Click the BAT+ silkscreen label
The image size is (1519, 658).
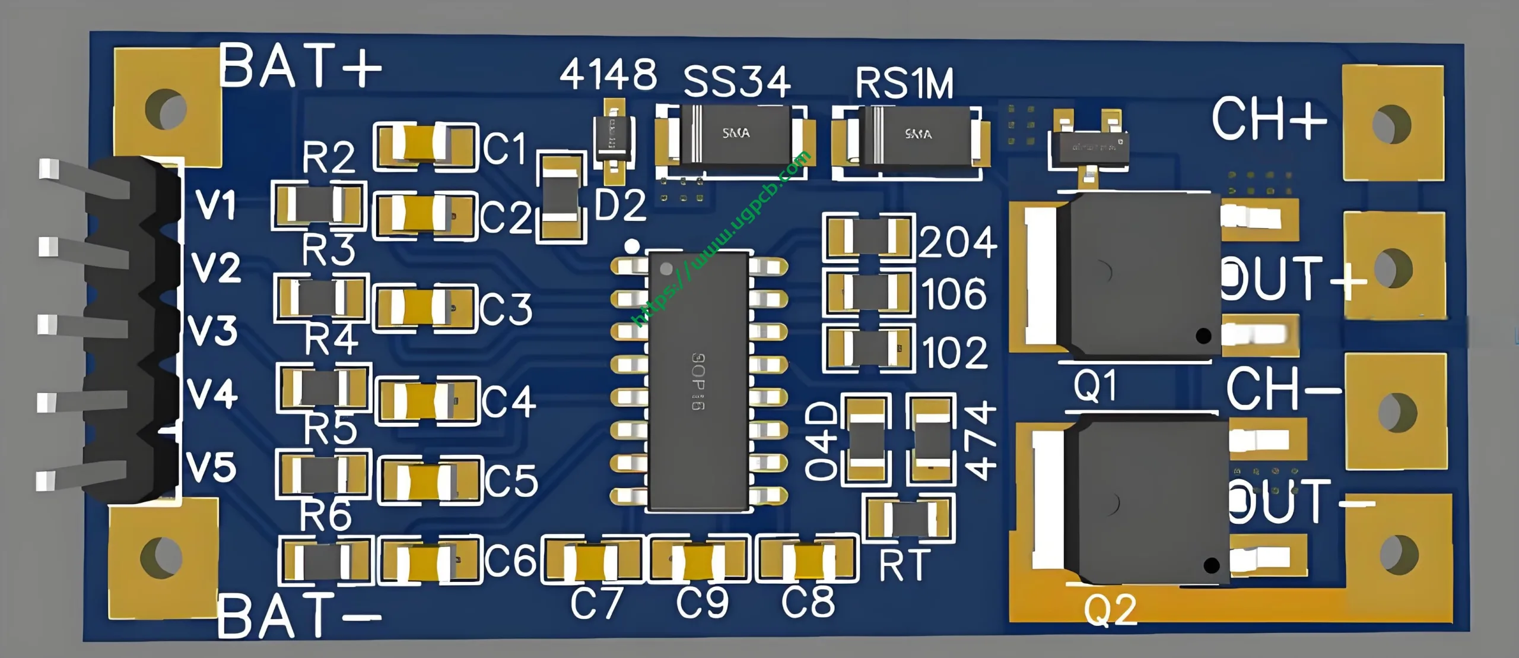(300, 67)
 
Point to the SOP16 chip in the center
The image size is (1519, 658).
(698, 380)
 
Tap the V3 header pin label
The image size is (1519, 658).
(213, 330)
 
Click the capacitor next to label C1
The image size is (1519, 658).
(425, 146)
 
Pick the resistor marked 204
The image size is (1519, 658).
(869, 236)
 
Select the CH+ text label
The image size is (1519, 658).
(1269, 121)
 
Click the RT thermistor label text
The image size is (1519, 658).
(904, 565)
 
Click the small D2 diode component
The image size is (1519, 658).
(614, 141)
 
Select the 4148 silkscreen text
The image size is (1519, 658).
(608, 75)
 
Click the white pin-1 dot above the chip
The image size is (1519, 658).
(632, 245)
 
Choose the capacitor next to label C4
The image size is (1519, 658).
(427, 401)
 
